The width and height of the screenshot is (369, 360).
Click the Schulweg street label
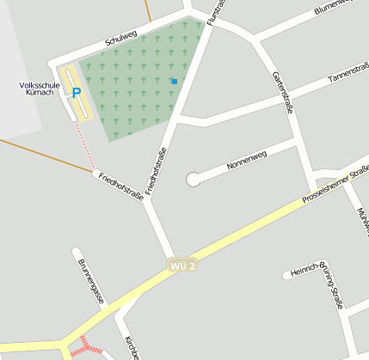point(120,38)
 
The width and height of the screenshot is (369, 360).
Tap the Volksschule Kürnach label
point(38,89)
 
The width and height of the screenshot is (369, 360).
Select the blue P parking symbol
point(76,93)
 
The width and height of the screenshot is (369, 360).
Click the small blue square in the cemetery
point(174,82)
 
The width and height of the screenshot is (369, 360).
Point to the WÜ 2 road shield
point(183,265)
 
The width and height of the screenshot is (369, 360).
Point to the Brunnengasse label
point(90,281)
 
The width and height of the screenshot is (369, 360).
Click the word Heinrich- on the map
point(306,271)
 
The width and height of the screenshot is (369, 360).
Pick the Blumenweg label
point(335,7)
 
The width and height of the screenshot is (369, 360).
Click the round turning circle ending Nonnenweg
point(194,179)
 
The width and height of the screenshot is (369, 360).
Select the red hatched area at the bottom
point(85,346)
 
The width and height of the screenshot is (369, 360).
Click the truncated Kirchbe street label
point(129,346)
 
